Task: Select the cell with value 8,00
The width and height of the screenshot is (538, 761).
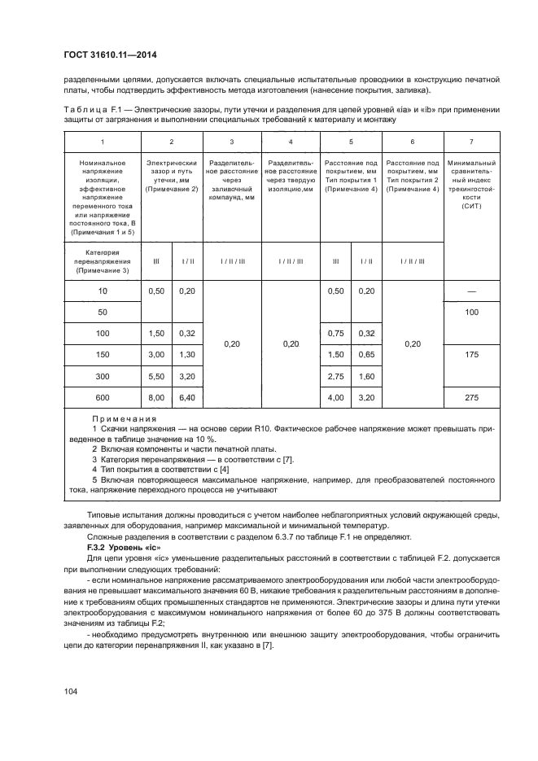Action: pyautogui.click(x=156, y=397)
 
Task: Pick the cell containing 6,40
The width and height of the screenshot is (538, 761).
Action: pyautogui.click(x=187, y=397)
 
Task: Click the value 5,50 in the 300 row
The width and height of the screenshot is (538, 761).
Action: pyautogui.click(x=156, y=376)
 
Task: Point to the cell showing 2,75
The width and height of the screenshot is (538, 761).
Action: pyautogui.click(x=336, y=376)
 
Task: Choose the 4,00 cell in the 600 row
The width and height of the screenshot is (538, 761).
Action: pyautogui.click(x=336, y=397)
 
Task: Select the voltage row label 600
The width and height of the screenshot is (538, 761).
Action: pyautogui.click(x=102, y=397)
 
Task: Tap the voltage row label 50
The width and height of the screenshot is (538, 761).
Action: pyautogui.click(x=102, y=313)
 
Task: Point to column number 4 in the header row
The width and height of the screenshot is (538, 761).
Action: pyautogui.click(x=291, y=142)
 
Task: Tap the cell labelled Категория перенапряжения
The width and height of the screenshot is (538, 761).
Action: pyautogui.click(x=102, y=260)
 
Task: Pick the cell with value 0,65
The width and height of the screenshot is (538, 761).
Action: pyautogui.click(x=367, y=355)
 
